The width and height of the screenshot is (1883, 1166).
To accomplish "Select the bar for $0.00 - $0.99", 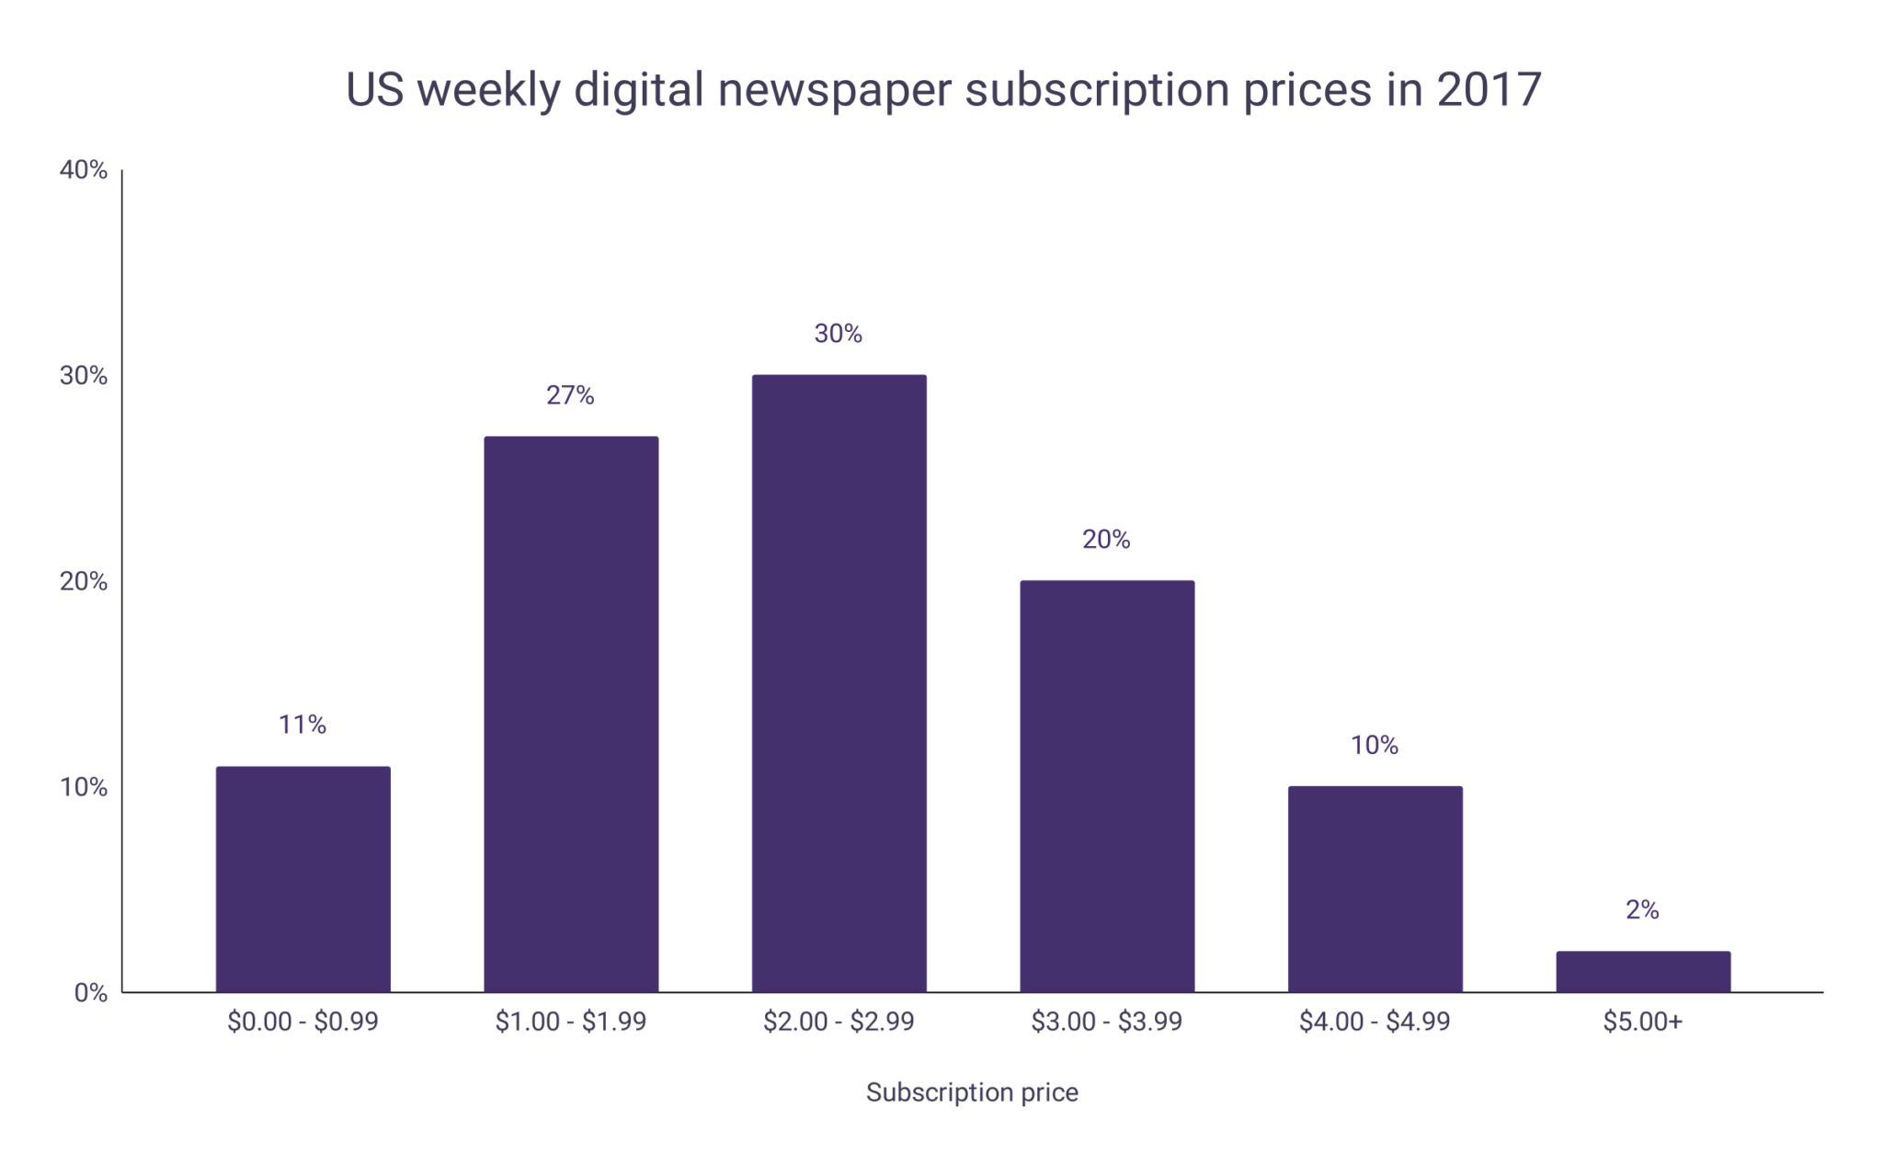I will click(302, 879).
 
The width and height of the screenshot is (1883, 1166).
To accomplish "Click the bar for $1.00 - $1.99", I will click(571, 714).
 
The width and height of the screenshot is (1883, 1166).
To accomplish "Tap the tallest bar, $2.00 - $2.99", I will click(839, 682).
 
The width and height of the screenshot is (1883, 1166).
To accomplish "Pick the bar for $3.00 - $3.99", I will click(1107, 785).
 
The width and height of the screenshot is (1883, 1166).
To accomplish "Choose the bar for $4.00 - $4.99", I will click(1375, 888).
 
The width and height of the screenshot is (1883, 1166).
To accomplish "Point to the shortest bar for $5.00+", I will click(1643, 971).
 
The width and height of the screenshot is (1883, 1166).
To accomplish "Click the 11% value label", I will click(302, 725).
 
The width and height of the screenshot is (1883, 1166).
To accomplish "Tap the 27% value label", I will click(570, 395).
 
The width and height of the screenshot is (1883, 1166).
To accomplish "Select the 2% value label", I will click(1642, 909).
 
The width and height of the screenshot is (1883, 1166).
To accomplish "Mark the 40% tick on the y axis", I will click(84, 170).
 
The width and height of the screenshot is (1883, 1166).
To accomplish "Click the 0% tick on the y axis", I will click(90, 993).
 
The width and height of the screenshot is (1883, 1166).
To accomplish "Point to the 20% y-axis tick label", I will click(84, 581).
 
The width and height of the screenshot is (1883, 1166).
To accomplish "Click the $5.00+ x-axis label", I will click(1643, 1022).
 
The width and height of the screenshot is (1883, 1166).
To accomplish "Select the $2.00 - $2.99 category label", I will click(839, 1022).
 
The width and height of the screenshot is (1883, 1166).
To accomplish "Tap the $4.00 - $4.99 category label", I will click(1375, 1022).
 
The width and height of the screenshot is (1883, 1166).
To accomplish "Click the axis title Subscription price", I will click(972, 1092).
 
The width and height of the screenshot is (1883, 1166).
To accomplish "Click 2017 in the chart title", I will click(1489, 90).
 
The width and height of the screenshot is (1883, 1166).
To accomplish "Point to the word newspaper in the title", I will click(834, 90).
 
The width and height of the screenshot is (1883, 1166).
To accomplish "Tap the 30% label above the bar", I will click(838, 334).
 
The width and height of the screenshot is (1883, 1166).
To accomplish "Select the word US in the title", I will click(374, 90).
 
